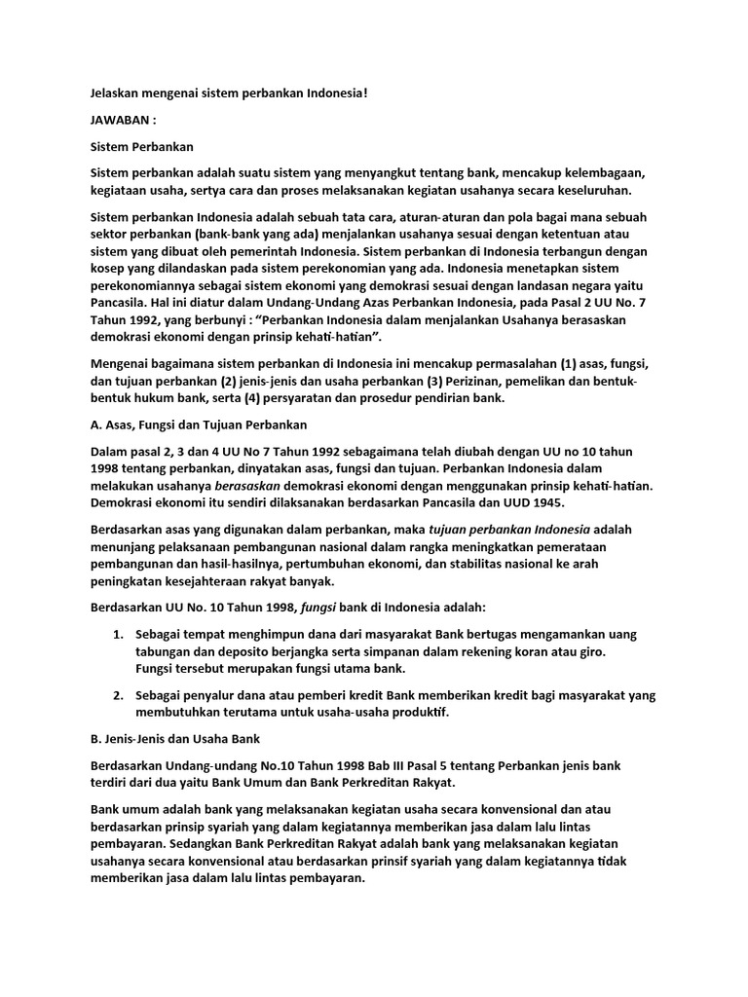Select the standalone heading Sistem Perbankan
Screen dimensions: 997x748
point(142,147)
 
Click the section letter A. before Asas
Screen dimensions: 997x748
point(95,426)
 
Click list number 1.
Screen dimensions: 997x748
point(118,635)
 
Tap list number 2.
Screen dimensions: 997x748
point(118,695)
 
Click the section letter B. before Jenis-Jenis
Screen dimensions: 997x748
point(95,739)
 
